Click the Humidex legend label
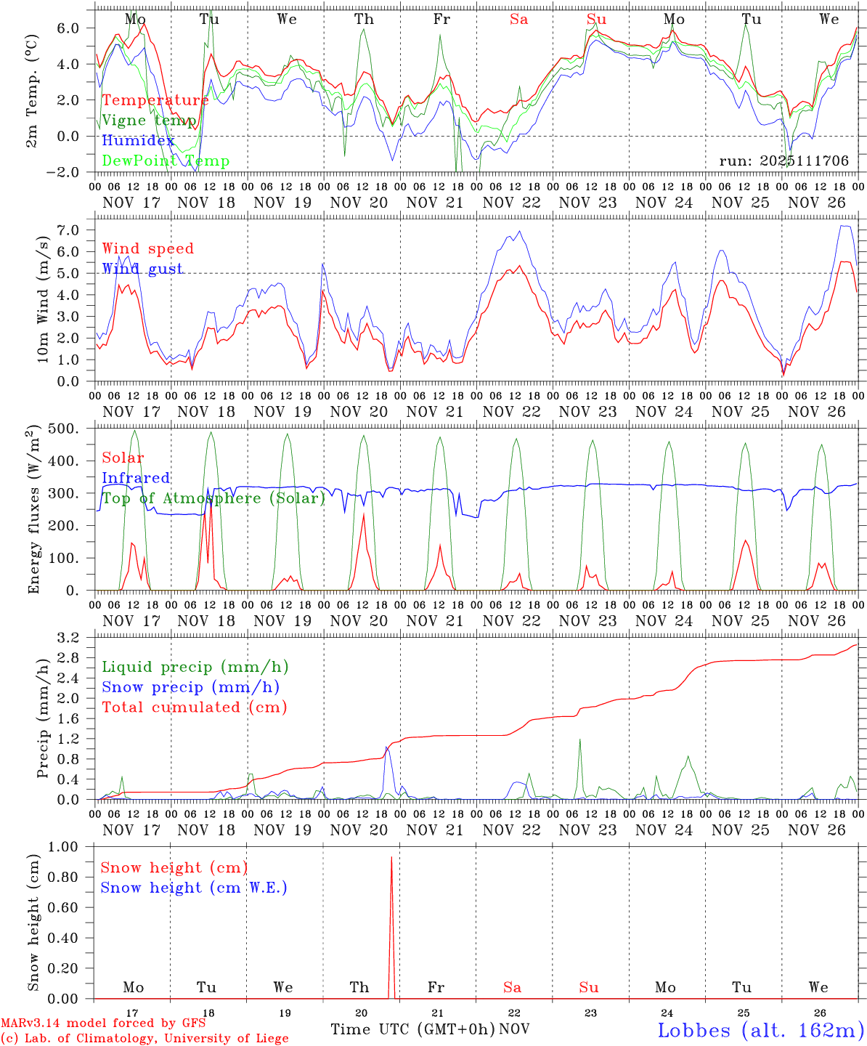pyautogui.click(x=138, y=141)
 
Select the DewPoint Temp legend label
pyautogui.click(x=166, y=161)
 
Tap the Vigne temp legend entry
pyautogui.click(x=149, y=121)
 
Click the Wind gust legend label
pyautogui.click(x=142, y=269)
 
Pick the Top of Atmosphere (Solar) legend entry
pyautogui.click(x=213, y=498)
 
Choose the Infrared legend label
pyautogui.click(x=136, y=478)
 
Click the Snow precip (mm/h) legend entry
pyautogui.click(x=190, y=687)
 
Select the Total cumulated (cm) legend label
pyautogui.click(x=194, y=708)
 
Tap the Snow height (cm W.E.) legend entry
pyautogui.click(x=194, y=888)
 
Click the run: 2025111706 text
pyautogui.click(x=783, y=161)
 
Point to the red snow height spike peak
pyautogui.click(x=391, y=858)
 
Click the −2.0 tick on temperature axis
pyautogui.click(x=71, y=172)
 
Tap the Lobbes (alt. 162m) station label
pyautogui.click(x=760, y=1030)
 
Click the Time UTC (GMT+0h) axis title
pyautogui.click(x=412, y=1029)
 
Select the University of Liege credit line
pyautogui.click(x=144, y=1039)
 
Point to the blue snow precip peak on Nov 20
pyautogui.click(x=387, y=747)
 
